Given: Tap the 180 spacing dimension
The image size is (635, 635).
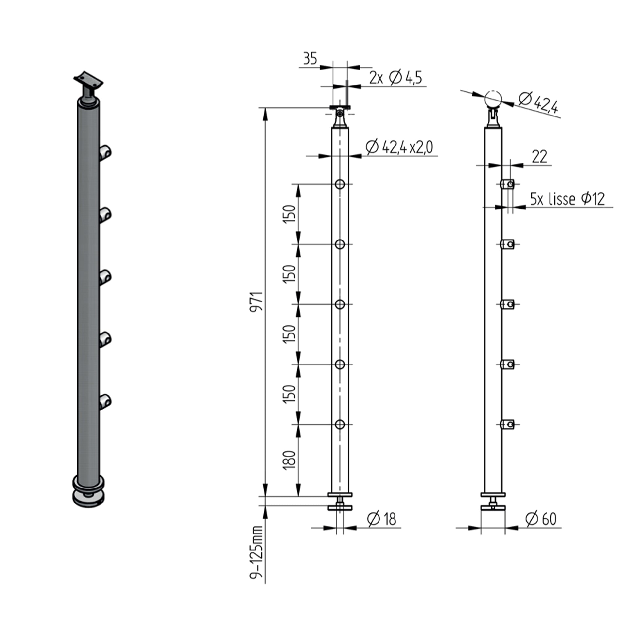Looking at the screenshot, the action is [289, 459].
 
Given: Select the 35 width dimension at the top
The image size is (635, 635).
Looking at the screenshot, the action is [310, 58].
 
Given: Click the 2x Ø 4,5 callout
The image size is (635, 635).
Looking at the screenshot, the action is [395, 78].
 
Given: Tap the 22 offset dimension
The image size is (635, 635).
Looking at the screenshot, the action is [539, 157].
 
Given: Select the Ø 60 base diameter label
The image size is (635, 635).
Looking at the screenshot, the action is [541, 519].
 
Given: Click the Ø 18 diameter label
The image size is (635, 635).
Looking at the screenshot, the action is [381, 519].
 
